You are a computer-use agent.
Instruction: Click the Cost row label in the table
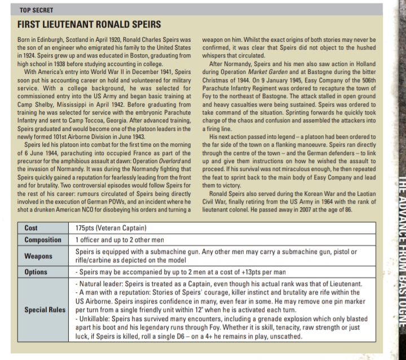(x=32, y=228)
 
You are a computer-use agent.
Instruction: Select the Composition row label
(x=43, y=239)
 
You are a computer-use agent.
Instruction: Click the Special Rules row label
(x=46, y=310)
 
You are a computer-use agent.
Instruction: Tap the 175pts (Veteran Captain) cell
(x=111, y=228)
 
